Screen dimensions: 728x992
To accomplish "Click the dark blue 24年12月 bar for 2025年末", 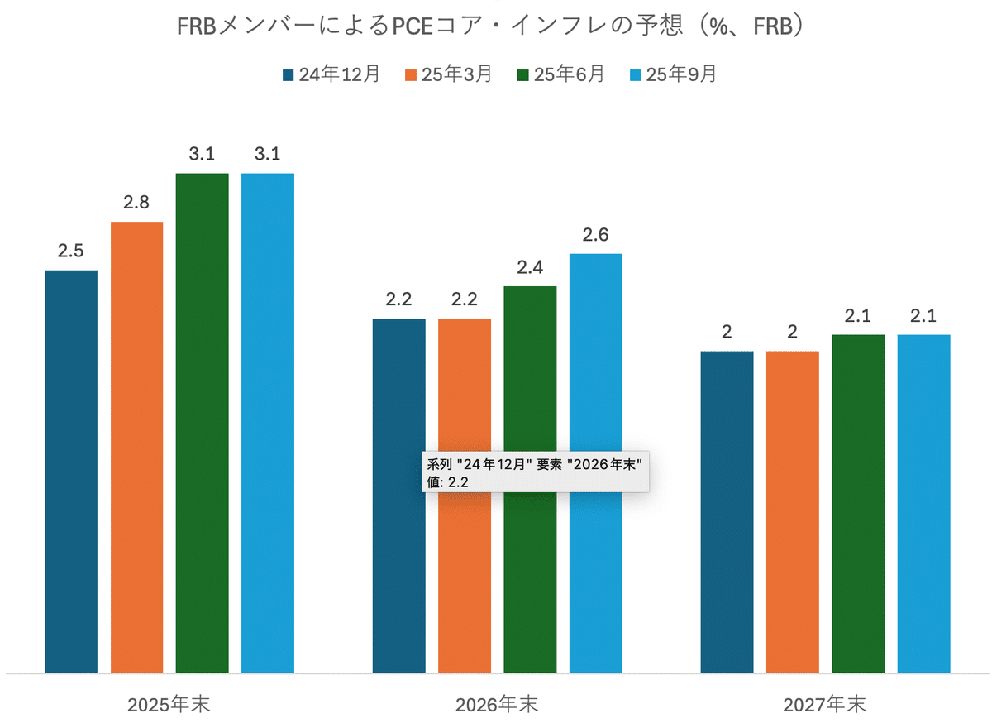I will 71,472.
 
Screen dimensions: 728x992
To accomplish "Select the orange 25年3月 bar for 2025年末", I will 136,447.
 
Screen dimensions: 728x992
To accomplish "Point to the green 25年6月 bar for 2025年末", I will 202,422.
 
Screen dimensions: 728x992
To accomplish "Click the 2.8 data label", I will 136,203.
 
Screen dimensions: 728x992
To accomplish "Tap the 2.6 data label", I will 595,235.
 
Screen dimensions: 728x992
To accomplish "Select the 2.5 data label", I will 71,251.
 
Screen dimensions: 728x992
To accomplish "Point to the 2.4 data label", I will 530,267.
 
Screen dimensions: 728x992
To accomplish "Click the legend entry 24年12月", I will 331,74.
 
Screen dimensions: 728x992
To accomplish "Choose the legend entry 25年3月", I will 447,74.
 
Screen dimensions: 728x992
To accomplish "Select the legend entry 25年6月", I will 560,74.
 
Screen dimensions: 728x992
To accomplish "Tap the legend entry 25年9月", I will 672,74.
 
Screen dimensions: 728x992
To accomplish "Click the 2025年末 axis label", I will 169,705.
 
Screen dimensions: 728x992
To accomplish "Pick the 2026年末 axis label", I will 497,705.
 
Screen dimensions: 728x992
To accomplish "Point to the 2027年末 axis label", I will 825,705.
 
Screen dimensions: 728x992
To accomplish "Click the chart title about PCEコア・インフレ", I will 491,26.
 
